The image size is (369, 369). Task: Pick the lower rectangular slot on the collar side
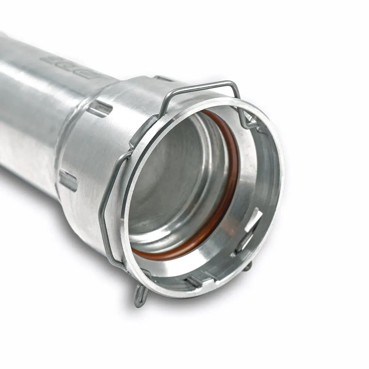pyautogui.click(x=68, y=180)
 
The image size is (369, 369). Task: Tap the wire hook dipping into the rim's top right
pyautogui.click(x=244, y=118)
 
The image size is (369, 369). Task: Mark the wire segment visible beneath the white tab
pyautogui.click(x=244, y=242)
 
